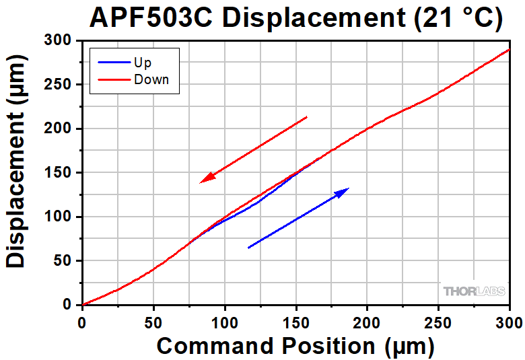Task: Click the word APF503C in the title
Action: pos(150,18)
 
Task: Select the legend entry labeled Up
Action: pos(143,63)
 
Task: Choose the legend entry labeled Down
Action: pos(151,79)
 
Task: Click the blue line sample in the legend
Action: pos(112,63)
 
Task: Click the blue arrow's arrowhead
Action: pos(343,192)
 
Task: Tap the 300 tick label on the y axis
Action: pos(60,41)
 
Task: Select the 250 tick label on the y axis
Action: pos(60,85)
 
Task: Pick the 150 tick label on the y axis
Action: pos(60,173)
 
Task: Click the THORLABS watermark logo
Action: pos(473,291)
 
